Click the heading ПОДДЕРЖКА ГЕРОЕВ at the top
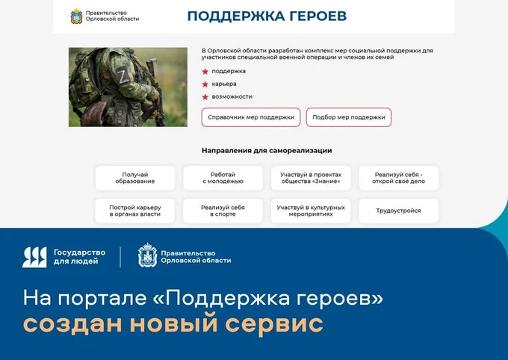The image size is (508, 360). (267, 16)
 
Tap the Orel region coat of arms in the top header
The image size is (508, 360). (76, 16)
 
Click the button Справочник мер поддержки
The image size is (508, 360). (251, 117)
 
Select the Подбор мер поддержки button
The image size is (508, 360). (349, 117)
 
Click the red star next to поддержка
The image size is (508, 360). (205, 72)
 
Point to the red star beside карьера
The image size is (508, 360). (205, 84)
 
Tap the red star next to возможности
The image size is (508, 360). (205, 97)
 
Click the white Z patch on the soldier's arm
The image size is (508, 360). (123, 76)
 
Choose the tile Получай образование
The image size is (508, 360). (135, 178)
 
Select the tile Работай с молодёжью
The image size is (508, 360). (223, 178)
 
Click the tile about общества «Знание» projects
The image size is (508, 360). (310, 178)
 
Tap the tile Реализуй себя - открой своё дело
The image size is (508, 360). (399, 178)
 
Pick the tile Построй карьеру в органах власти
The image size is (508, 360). (135, 211)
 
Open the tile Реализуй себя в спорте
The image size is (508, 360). (223, 211)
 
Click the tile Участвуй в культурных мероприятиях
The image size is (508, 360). (310, 211)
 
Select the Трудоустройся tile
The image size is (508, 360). (399, 211)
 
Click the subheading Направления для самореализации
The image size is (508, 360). (267, 150)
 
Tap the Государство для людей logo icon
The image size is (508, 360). (34, 257)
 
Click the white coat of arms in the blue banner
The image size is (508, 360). (147, 256)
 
